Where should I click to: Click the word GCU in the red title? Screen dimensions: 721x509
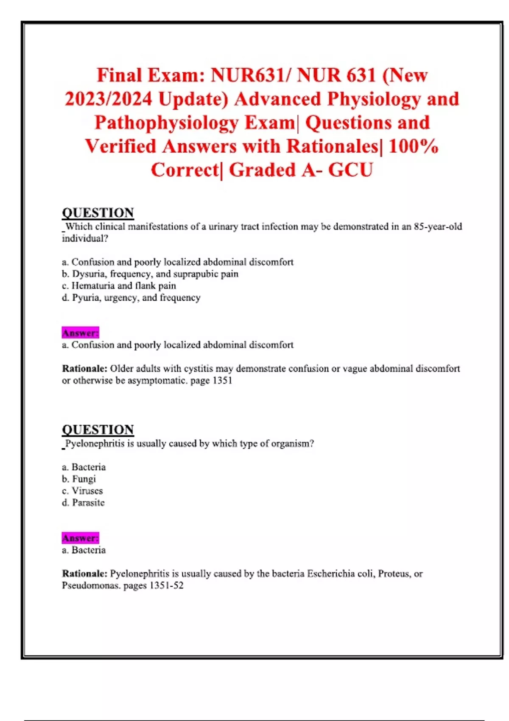pos(350,170)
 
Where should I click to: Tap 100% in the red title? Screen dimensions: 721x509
pos(413,146)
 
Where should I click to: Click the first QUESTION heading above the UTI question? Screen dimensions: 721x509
pos(98,212)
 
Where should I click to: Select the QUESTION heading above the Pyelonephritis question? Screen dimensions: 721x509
pos(98,430)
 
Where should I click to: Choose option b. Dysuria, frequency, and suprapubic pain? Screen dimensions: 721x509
pos(150,274)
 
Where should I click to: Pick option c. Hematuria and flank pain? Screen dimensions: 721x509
pos(119,286)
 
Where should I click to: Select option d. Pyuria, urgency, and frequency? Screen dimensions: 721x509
pos(131,298)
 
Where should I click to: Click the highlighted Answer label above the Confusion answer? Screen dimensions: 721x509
pos(80,333)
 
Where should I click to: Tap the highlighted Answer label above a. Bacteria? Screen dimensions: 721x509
pos(80,538)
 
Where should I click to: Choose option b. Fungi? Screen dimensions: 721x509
pos(79,479)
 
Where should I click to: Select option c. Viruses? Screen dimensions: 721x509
pos(82,491)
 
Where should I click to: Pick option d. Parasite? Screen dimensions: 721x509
pos(83,503)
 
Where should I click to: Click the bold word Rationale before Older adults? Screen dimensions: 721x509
pos(84,369)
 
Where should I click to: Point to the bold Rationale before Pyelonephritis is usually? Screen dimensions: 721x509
pos(84,574)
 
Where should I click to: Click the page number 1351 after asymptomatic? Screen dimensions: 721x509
pos(222,380)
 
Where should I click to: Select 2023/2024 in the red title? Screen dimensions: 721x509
pos(108,99)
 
